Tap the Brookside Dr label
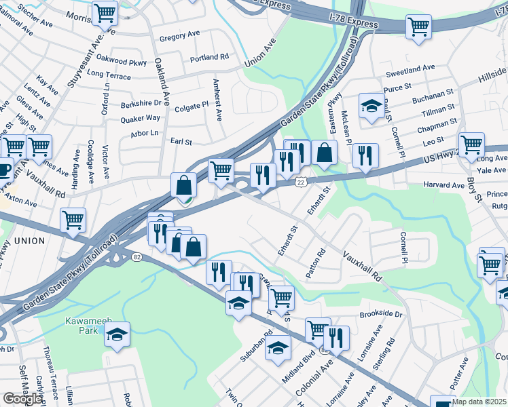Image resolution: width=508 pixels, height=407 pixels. (381, 315)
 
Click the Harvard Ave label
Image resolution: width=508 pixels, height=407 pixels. (443, 185)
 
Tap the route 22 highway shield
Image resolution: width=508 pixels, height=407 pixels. (300, 182)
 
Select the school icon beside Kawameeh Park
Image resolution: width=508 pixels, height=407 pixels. (117, 334)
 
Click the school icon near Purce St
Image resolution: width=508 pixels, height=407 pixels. (371, 106)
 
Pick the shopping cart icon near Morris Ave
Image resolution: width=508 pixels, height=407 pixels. (105, 12)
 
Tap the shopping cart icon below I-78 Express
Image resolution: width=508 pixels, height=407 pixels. (418, 27)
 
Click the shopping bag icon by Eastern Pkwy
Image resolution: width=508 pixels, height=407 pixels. (325, 153)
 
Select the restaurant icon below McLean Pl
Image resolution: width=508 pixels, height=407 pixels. (365, 156)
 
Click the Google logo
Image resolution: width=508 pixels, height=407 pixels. (22, 399)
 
